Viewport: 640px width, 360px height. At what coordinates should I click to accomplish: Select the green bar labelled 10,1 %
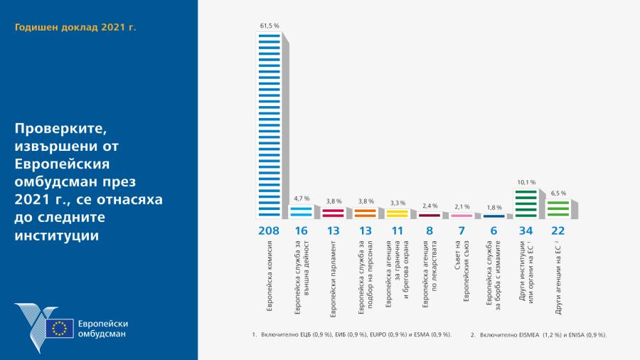pos(526,203)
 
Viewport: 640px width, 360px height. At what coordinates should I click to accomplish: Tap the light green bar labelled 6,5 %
pos(558,208)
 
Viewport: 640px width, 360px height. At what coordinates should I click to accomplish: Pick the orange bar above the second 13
pos(365,212)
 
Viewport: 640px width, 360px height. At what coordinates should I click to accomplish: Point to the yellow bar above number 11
pos(397,213)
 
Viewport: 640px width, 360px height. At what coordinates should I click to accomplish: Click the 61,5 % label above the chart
pos(269,26)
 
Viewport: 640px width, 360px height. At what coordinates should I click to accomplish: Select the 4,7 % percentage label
pos(301,199)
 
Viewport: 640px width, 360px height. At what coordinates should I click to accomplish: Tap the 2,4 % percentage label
pos(429,206)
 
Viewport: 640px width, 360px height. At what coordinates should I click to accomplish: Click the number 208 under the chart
pos(269,231)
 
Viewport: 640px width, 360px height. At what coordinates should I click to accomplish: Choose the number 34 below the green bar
pos(526,231)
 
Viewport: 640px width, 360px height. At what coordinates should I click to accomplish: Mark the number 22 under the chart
pos(558,231)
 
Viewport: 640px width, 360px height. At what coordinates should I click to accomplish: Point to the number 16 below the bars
pos(301,231)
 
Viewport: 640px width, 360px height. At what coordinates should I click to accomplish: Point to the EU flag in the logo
pos(59,328)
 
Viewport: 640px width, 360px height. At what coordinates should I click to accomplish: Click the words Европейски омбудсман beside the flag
pos(102,329)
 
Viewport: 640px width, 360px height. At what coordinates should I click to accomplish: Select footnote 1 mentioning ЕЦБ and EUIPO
pos(352,334)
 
